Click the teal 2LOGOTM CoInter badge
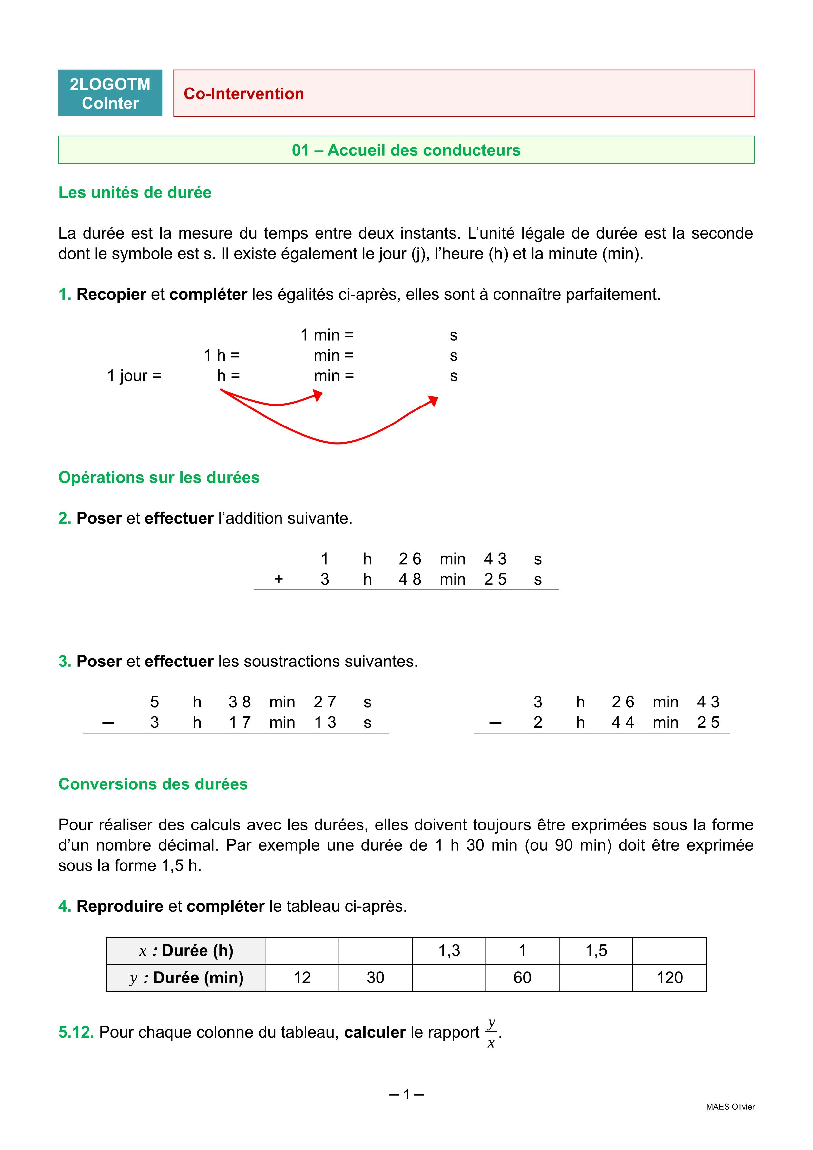tap(110, 93)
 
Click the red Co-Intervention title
tap(244, 94)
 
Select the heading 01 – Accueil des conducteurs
tap(406, 150)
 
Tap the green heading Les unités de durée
tap(135, 192)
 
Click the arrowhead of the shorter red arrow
tap(319, 396)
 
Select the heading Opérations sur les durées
tap(159, 477)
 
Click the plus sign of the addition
tap(279, 579)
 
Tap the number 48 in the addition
tap(410, 579)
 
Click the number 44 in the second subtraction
tap(623, 722)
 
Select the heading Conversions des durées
tap(153, 784)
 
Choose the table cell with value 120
tap(669, 977)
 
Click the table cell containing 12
tap(302, 977)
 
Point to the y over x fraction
tap(491, 1032)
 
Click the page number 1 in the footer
tap(406, 1094)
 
